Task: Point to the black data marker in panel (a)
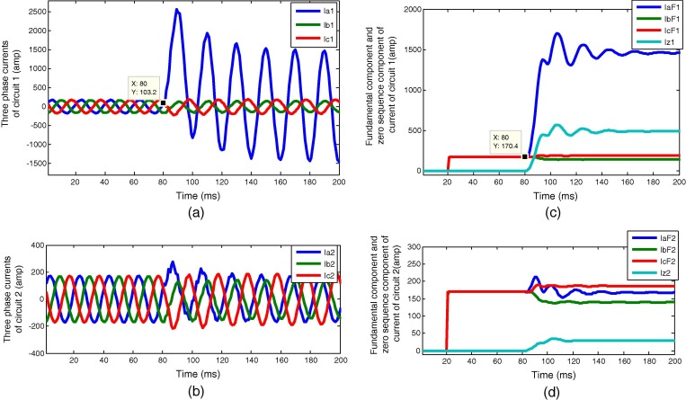click(x=163, y=102)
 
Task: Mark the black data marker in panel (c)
click(x=523, y=156)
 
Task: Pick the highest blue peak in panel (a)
click(x=177, y=10)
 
